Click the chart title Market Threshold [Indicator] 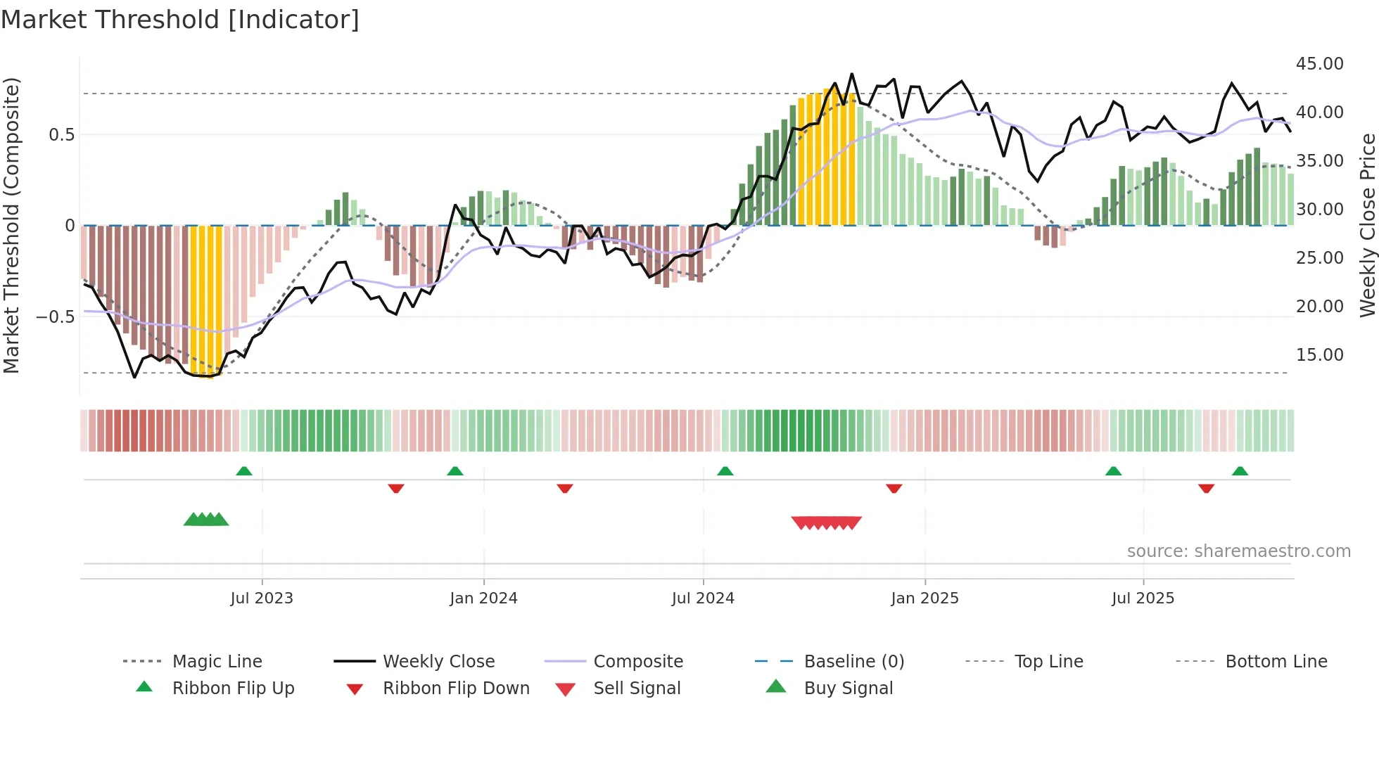pos(180,20)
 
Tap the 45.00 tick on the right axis pos(1319,64)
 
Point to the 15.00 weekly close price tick pos(1319,355)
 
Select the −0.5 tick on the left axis pos(56,317)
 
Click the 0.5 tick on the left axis pos(61,135)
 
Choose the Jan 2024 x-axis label pos(483,598)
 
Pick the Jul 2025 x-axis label pos(1143,598)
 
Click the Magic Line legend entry pos(217,662)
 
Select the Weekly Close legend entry pos(438,662)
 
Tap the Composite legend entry pos(637,662)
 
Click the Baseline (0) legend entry pos(853,662)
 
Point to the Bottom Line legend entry pos(1276,662)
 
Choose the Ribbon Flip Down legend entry pos(455,688)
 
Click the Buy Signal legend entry pos(848,688)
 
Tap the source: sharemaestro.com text pos(1238,551)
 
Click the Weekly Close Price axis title pos(1367,225)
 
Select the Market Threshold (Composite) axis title pos(11,225)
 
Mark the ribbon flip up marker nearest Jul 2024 pos(725,471)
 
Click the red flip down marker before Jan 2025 pos(894,488)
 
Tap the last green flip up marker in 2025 pos(1240,471)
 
